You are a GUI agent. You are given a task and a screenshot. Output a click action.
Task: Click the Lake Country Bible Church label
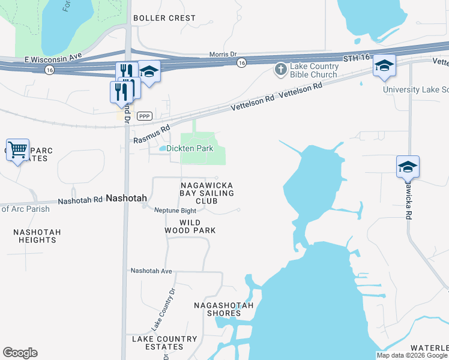pyautogui.click(x=313, y=71)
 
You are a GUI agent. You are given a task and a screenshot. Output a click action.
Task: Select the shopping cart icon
pyautogui.click(x=18, y=149)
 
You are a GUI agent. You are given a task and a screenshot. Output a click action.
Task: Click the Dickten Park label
pyautogui.click(x=190, y=148)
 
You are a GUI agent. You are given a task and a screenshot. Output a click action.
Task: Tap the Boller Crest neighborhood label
pyautogui.click(x=164, y=18)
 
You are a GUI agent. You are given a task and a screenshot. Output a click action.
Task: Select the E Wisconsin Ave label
pyautogui.click(x=53, y=59)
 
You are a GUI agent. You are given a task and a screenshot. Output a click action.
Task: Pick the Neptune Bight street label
pyautogui.click(x=175, y=211)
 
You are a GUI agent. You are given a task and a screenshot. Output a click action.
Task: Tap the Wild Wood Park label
pyautogui.click(x=190, y=226)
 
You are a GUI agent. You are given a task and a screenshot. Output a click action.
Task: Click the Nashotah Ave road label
pyautogui.click(x=152, y=271)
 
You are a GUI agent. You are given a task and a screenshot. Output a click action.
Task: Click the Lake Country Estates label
pyautogui.click(x=157, y=343)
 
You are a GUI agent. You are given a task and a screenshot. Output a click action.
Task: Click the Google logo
pyautogui.click(x=20, y=353)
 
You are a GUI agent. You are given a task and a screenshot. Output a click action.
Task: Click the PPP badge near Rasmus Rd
pyautogui.click(x=143, y=116)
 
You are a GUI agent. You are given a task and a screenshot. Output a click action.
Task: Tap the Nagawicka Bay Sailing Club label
pyautogui.click(x=206, y=194)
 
